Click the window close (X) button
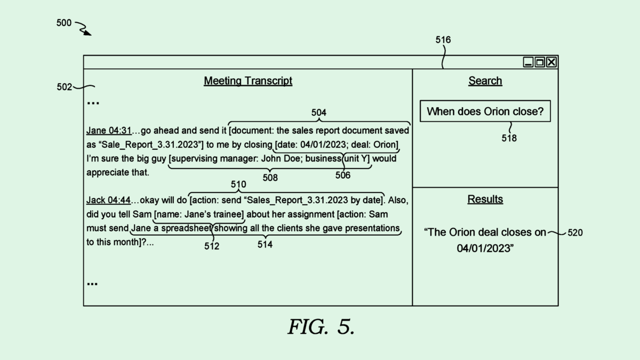pyautogui.click(x=551, y=62)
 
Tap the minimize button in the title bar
pyautogui.click(x=529, y=62)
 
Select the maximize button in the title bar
pyautogui.click(x=540, y=62)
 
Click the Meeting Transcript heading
pyautogui.click(x=248, y=81)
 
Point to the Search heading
pyautogui.click(x=485, y=81)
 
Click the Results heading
pyautogui.click(x=485, y=199)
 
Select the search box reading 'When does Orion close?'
pyautogui.click(x=485, y=111)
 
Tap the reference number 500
pyautogui.click(x=64, y=23)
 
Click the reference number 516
pyautogui.click(x=443, y=40)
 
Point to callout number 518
pyautogui.click(x=509, y=138)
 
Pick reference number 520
pyautogui.click(x=575, y=233)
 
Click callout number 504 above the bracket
pyautogui.click(x=319, y=113)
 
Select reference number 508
pyautogui.click(x=270, y=178)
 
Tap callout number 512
pyautogui.click(x=212, y=246)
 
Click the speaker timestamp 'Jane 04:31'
pyautogui.click(x=109, y=131)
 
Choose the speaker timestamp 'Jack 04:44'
pyautogui.click(x=108, y=201)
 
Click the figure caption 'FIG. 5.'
pyautogui.click(x=321, y=326)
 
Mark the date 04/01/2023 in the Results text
pyautogui.click(x=482, y=248)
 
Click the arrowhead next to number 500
pyautogui.click(x=87, y=33)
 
